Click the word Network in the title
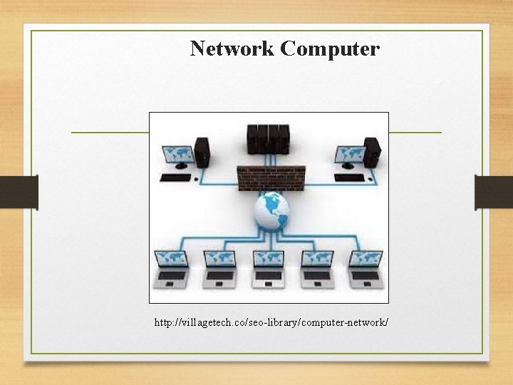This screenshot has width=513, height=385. (232, 49)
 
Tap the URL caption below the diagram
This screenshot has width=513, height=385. (271, 323)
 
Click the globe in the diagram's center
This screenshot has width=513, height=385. (272, 212)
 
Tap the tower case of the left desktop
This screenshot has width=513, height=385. (202, 152)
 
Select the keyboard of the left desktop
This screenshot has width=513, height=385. (175, 178)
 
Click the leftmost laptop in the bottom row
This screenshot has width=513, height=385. (172, 269)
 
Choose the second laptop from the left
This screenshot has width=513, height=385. (219, 269)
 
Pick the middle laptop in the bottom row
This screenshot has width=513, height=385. (269, 269)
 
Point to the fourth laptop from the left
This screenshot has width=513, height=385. (316, 269)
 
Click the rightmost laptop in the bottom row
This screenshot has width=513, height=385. (365, 269)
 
